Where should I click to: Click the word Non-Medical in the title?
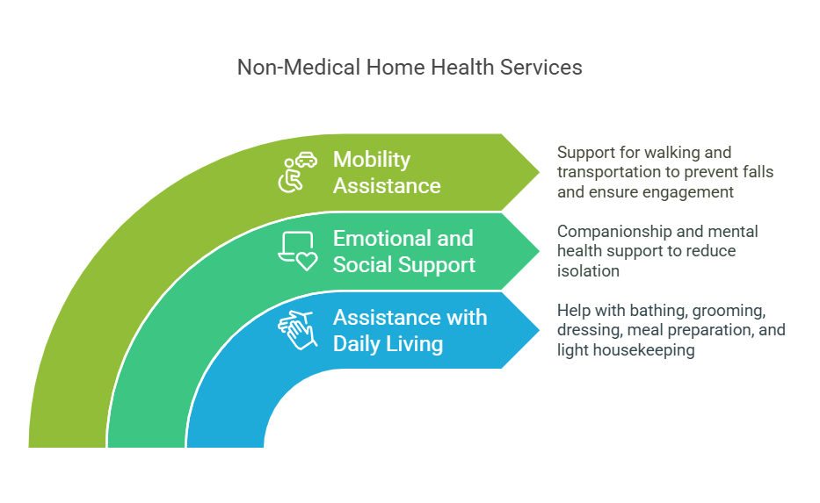299,68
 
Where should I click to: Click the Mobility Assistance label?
387,172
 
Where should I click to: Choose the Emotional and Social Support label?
403,251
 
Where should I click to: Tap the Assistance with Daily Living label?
410,331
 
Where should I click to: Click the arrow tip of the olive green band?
539,172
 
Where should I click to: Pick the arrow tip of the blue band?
539,330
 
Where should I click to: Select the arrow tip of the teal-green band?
539,251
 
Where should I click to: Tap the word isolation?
588,270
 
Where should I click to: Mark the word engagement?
687,192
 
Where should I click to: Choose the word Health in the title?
462,68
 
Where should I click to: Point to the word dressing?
590,331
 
